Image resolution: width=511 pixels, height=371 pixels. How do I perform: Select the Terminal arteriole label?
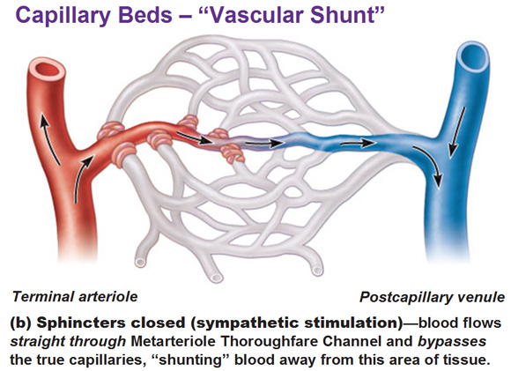point(75,297)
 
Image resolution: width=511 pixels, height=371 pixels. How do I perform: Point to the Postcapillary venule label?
point(432,297)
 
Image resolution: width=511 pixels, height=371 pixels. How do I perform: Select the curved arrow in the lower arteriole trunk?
point(82,178)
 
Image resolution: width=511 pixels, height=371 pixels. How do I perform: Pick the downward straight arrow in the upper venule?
point(456,132)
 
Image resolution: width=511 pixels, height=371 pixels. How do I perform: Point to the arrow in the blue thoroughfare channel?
point(358,143)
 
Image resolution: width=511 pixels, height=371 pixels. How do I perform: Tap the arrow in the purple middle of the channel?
point(264,143)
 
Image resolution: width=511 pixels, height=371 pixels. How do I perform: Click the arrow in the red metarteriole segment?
point(194,137)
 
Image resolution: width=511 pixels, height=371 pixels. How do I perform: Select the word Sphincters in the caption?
point(81,323)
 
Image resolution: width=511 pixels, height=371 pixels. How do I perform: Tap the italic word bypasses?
point(452,342)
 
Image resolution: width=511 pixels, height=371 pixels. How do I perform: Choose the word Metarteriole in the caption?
point(173,342)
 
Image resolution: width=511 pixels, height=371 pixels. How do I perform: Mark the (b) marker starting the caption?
point(21,323)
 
